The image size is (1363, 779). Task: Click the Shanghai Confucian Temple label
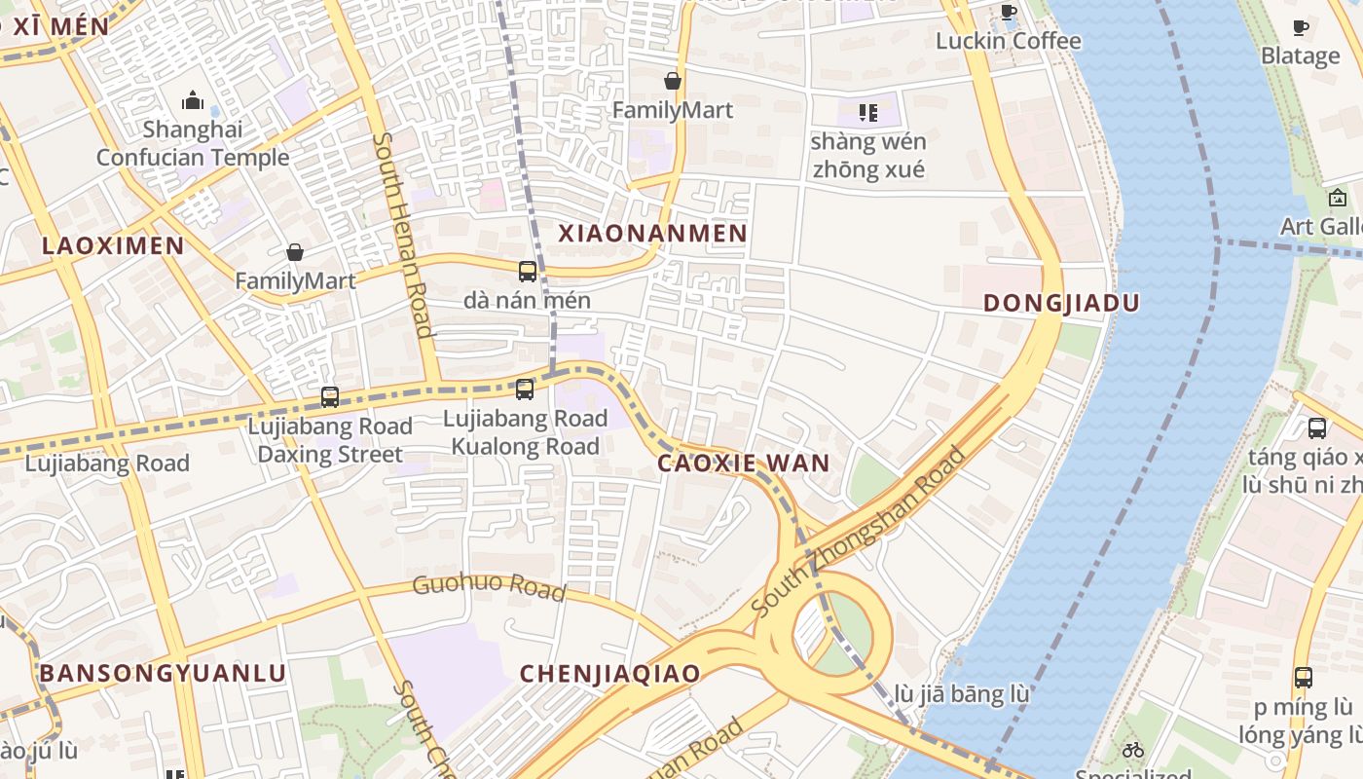pos(192,143)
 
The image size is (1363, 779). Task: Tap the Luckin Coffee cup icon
pos(1009,13)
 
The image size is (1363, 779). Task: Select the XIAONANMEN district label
pos(652,233)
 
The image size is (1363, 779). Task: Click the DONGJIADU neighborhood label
pos(1061,303)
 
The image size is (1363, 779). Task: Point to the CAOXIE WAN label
pos(744,464)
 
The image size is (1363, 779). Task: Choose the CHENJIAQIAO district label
pos(609,674)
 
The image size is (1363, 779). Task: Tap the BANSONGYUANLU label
pos(163,674)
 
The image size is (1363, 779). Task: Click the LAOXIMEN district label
pos(113,245)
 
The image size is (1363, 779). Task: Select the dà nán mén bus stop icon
pos(528,272)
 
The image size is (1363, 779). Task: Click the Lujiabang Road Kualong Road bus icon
pos(525,389)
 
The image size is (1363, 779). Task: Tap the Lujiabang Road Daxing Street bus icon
pos(330,397)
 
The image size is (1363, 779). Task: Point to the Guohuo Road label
pos(489,587)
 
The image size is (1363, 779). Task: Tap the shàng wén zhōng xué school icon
pos(868,113)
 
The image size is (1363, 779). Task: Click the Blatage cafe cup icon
pos(1301,27)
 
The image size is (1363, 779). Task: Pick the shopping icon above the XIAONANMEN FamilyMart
pos(672,81)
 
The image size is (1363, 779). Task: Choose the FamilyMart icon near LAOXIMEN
pos(295,253)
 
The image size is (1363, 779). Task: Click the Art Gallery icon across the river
pos(1338,199)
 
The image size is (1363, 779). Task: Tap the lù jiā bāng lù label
pos(961,695)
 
